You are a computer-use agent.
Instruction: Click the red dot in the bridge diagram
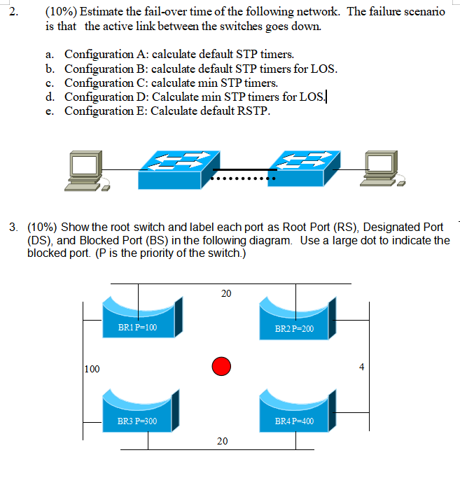[x=221, y=365]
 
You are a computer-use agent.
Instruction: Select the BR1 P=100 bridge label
[x=138, y=328]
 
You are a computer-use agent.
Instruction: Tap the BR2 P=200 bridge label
[x=294, y=328]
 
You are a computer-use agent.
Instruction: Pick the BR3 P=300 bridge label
[x=137, y=421]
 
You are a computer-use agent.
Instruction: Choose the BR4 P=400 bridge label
[x=294, y=422]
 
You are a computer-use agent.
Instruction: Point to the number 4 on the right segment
[x=361, y=366]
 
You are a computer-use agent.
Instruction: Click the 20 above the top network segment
[x=225, y=293]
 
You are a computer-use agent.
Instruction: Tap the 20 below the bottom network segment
[x=222, y=441]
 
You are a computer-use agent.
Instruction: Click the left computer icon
[x=86, y=171]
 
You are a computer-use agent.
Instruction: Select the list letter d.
[x=49, y=97]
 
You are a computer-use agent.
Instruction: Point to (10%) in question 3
[x=43, y=227]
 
